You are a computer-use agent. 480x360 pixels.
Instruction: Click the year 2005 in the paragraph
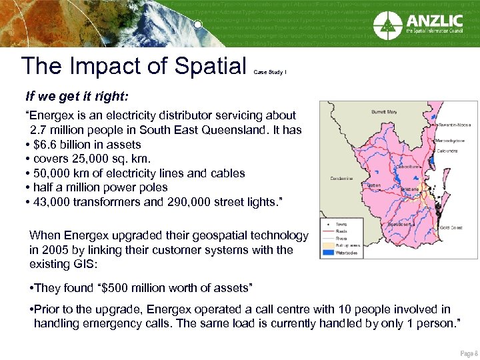tap(45, 249)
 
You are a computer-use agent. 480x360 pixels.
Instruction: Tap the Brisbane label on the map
tap(409, 189)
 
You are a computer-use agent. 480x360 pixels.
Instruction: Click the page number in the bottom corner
tap(468, 353)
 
